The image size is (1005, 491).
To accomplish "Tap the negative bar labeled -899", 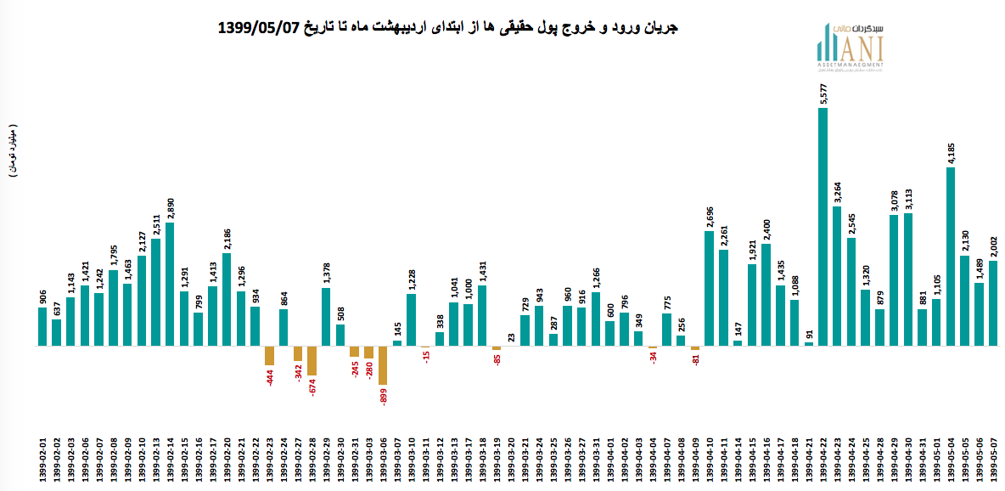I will (x=383, y=366).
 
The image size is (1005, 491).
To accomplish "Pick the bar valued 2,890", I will (x=170, y=285).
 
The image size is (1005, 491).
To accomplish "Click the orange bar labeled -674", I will (x=312, y=361).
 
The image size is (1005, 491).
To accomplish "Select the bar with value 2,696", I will (x=709, y=289).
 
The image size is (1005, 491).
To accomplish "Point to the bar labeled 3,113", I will (x=907, y=280).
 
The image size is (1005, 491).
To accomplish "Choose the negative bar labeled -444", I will (x=269, y=356).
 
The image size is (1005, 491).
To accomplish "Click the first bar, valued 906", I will (x=42, y=327).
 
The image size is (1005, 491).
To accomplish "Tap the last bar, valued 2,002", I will (x=992, y=303).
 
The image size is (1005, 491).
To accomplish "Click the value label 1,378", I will (x=326, y=274).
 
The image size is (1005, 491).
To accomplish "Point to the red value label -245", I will (x=354, y=370).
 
